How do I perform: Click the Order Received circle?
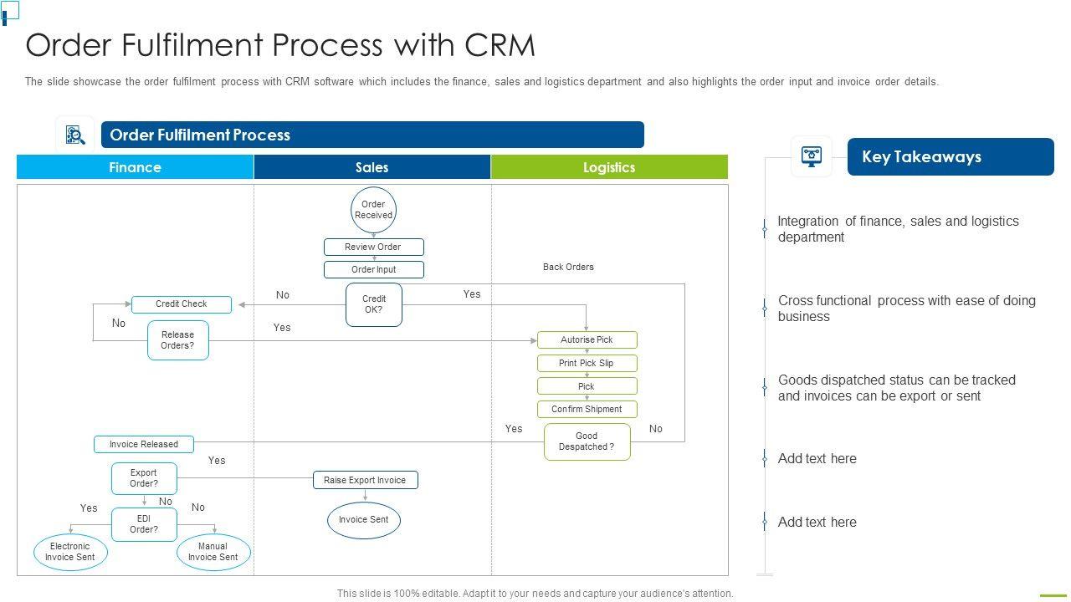[373, 210]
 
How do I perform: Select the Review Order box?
[373, 247]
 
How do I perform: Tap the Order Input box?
[373, 269]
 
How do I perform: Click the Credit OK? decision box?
[374, 304]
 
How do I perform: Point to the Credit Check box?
[182, 304]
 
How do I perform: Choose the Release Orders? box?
[177, 340]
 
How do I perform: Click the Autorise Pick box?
[587, 340]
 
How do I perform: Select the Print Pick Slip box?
[587, 363]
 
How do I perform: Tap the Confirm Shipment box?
[587, 409]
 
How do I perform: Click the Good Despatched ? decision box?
[587, 441]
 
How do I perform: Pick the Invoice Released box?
[143, 444]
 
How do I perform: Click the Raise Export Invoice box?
[365, 480]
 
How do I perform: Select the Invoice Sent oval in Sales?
[364, 520]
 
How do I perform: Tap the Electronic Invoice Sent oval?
[70, 552]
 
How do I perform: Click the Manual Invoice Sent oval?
[213, 552]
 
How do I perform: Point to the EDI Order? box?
[144, 524]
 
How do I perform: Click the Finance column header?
[135, 167]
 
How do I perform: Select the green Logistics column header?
[609, 167]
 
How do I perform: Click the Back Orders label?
[568, 268]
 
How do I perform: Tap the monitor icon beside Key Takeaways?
[812, 156]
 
